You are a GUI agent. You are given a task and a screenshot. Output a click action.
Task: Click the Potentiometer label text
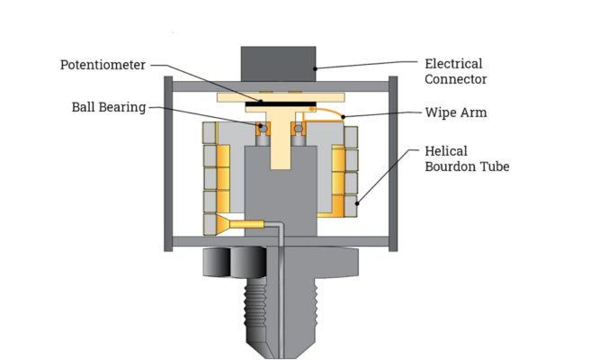coord(102,65)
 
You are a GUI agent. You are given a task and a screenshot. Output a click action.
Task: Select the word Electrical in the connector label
coord(453,64)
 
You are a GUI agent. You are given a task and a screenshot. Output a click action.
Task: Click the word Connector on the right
coord(456,79)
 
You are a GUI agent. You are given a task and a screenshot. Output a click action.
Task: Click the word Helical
coord(445,150)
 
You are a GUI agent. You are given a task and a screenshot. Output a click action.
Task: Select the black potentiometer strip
coord(279,103)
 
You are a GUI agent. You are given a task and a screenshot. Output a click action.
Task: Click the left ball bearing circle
coord(264,128)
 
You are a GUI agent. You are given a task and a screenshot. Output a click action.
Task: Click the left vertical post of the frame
coord(168,162)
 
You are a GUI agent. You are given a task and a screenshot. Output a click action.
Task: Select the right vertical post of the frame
coord(392,162)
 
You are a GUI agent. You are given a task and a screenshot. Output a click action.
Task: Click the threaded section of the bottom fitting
coord(281,301)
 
